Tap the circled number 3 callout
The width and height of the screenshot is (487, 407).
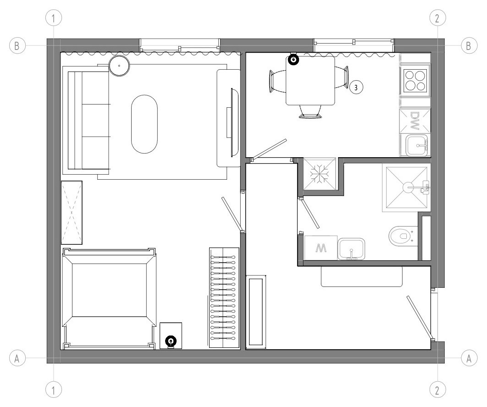click(x=356, y=87)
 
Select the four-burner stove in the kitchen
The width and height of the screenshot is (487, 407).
click(x=415, y=80)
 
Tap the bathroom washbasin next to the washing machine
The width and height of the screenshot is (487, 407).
click(x=352, y=248)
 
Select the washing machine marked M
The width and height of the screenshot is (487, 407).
click(x=321, y=248)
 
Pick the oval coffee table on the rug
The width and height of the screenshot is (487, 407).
click(x=144, y=124)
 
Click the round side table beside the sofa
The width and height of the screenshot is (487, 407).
click(x=119, y=66)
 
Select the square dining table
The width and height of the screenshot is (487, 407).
click(x=310, y=81)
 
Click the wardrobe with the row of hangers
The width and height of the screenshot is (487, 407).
click(x=224, y=297)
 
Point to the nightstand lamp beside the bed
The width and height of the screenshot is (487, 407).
click(x=171, y=341)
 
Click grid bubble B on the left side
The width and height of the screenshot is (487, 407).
click(x=17, y=46)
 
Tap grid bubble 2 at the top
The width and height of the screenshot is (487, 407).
click(x=437, y=18)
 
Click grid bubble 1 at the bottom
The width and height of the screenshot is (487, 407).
click(x=54, y=390)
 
